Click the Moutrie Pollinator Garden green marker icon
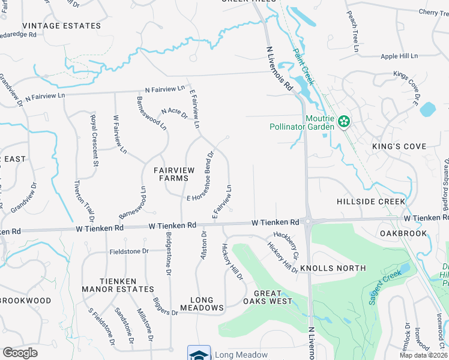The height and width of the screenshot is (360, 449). click(x=343, y=122)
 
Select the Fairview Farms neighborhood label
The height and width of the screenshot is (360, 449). click(x=174, y=175)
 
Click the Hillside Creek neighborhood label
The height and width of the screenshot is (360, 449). click(x=371, y=202)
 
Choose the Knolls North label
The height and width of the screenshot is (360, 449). click(x=333, y=268)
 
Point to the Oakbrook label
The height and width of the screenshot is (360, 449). click(x=403, y=233)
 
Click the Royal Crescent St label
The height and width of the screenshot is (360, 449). click(x=94, y=140)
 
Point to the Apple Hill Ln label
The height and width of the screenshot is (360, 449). click(x=399, y=56)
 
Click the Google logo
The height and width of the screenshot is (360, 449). click(x=20, y=353)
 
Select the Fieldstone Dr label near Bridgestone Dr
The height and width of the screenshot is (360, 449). click(x=128, y=251)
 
